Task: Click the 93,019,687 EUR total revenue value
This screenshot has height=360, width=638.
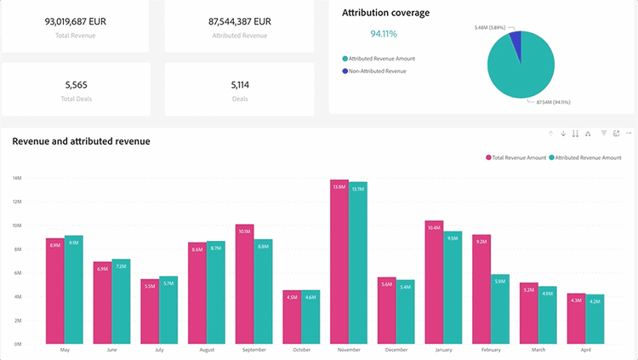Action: [x=76, y=20]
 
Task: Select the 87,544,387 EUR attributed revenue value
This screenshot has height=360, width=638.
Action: [x=240, y=20]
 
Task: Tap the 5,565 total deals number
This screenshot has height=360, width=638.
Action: [x=76, y=84]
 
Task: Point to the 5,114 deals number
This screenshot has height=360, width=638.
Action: [x=240, y=84]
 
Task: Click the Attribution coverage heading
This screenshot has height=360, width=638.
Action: [x=385, y=13]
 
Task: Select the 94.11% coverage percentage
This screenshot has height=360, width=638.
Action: [x=384, y=34]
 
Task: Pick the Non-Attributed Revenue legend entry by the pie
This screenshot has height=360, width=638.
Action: [x=377, y=71]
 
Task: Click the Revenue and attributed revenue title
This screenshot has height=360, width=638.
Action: [x=81, y=140]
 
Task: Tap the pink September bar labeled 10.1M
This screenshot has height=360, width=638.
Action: [x=245, y=284]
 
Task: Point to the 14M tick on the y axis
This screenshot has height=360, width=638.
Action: [x=17, y=178]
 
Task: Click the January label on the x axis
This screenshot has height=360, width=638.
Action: [x=444, y=350]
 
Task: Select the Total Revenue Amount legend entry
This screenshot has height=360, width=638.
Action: [x=516, y=157]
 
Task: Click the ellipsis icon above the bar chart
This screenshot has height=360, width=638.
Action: [x=629, y=134]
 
